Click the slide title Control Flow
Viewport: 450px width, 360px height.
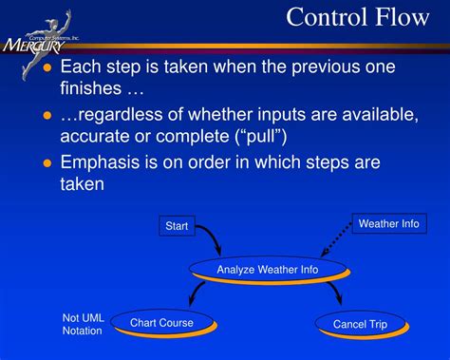(362, 17)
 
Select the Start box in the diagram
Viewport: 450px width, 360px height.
(177, 226)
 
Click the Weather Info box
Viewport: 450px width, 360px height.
(388, 224)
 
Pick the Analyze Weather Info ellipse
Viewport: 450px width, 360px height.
(267, 270)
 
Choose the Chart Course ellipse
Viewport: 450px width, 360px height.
(161, 323)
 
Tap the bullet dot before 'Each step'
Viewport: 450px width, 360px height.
(47, 68)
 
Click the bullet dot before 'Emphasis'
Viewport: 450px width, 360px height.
(47, 163)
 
